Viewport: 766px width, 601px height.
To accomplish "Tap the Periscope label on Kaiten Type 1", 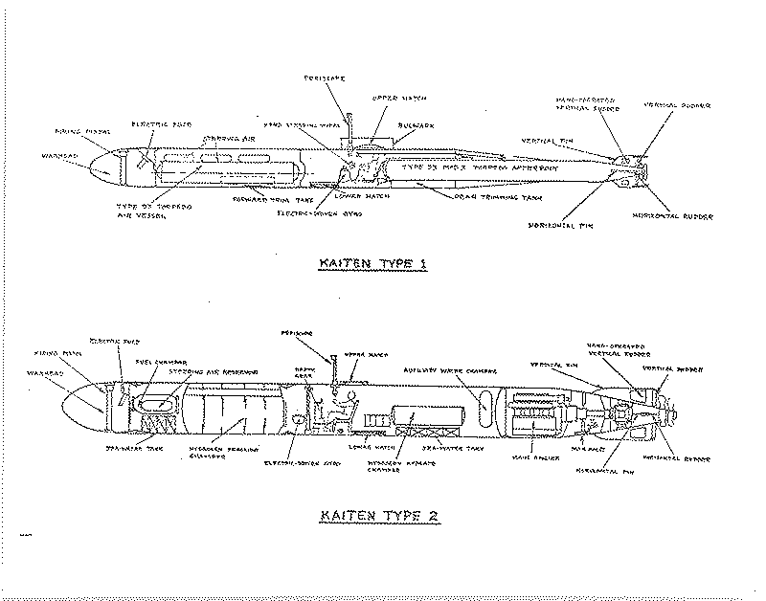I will tap(324, 77).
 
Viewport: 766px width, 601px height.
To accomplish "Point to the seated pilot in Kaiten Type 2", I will tap(334, 412).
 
